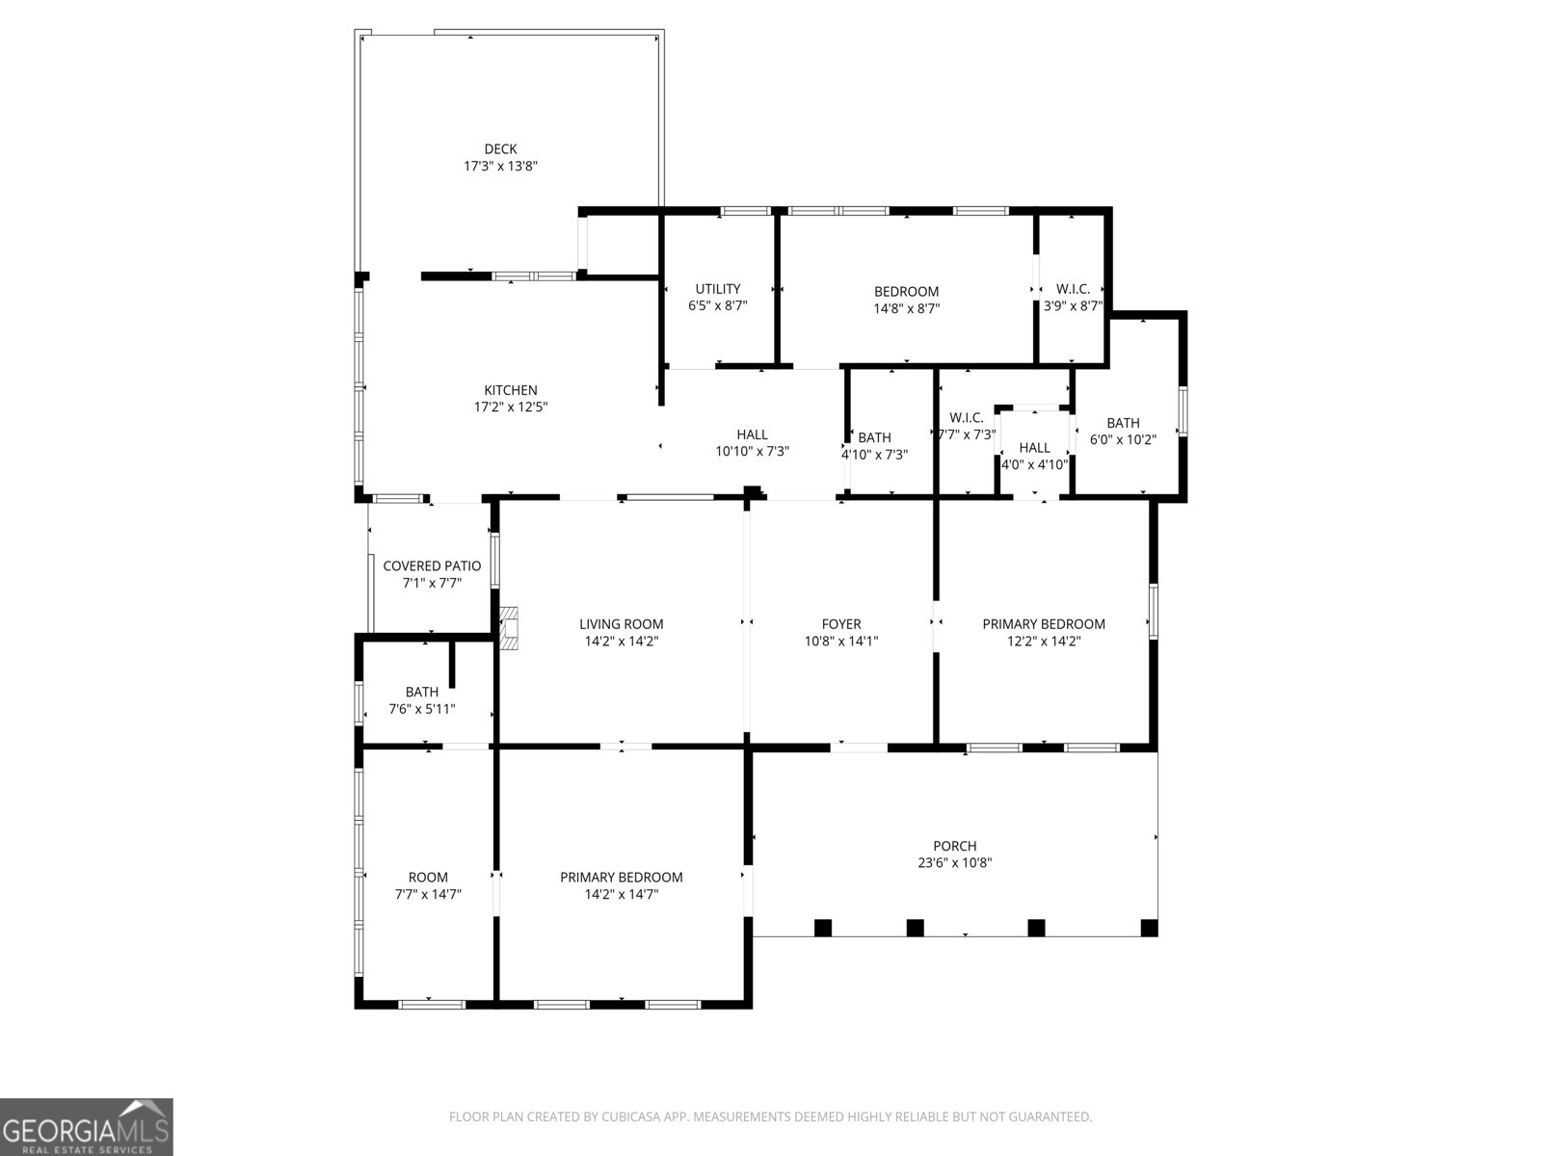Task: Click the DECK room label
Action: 500,149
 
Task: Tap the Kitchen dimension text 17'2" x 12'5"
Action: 511,407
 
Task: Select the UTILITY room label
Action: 718,289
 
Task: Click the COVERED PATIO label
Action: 432,566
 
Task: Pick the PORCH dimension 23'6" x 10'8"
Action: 954,863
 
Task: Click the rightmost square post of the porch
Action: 1149,928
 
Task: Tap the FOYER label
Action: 841,624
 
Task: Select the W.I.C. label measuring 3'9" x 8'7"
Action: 1073,289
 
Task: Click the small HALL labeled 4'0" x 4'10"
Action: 1034,448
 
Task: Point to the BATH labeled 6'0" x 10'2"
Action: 1123,423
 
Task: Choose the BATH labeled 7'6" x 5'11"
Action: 422,692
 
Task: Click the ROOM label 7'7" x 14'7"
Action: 428,878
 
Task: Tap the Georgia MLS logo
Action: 87,1127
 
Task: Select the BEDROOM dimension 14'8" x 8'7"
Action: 906,309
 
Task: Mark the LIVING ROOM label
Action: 622,624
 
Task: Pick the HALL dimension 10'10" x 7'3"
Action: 752,452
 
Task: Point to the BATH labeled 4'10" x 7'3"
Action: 874,438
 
